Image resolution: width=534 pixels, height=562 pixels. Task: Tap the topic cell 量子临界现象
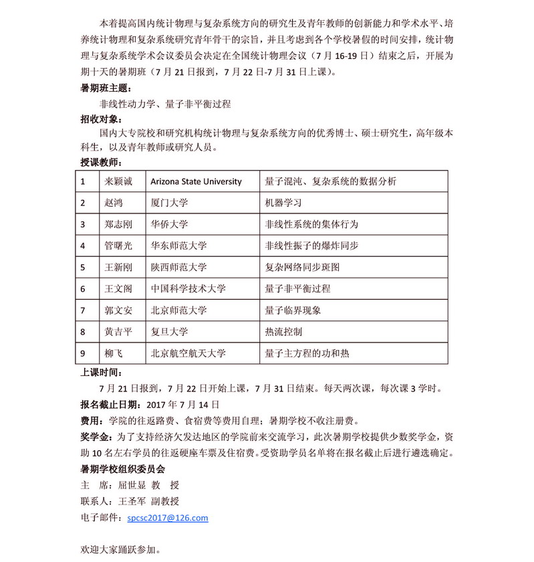tap(293, 310)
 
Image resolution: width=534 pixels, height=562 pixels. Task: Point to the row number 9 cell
tap(82, 353)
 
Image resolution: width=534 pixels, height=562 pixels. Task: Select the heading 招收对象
tap(100, 119)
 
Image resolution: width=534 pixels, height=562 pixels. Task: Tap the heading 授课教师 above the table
tap(100, 163)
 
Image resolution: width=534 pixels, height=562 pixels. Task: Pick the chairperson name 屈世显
tap(132, 485)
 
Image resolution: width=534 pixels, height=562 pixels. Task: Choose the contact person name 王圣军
tap(132, 501)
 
